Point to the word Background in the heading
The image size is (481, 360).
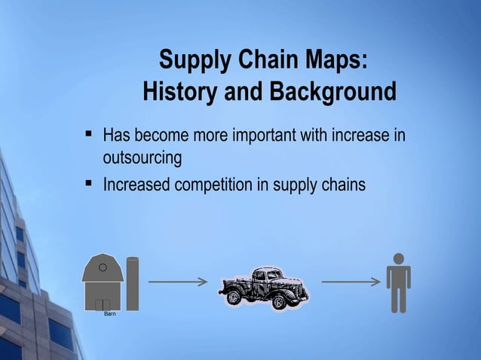click(329, 93)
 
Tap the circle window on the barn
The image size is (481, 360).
click(103, 267)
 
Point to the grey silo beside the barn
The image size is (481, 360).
click(133, 283)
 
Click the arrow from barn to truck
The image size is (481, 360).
click(178, 282)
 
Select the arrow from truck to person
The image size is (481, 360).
click(351, 282)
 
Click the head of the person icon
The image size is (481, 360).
click(398, 259)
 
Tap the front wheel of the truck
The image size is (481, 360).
click(282, 301)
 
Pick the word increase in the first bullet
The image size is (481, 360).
click(372, 136)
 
